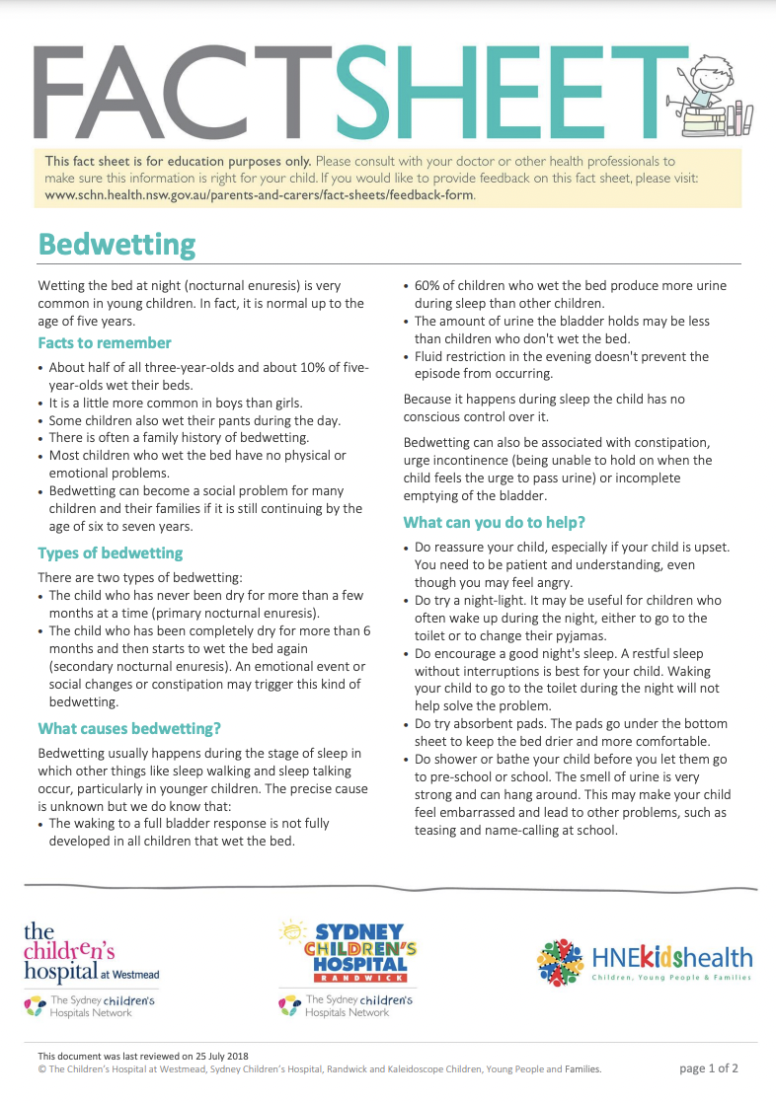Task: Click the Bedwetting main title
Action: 116,244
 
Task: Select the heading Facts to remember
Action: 105,343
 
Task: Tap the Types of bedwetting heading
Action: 111,552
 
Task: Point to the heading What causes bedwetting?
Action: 129,728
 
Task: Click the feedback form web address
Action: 260,194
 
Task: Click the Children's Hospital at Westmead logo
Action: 91,953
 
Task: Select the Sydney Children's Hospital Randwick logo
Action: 347,953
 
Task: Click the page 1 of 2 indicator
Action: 709,1068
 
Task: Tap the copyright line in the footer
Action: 319,1068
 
